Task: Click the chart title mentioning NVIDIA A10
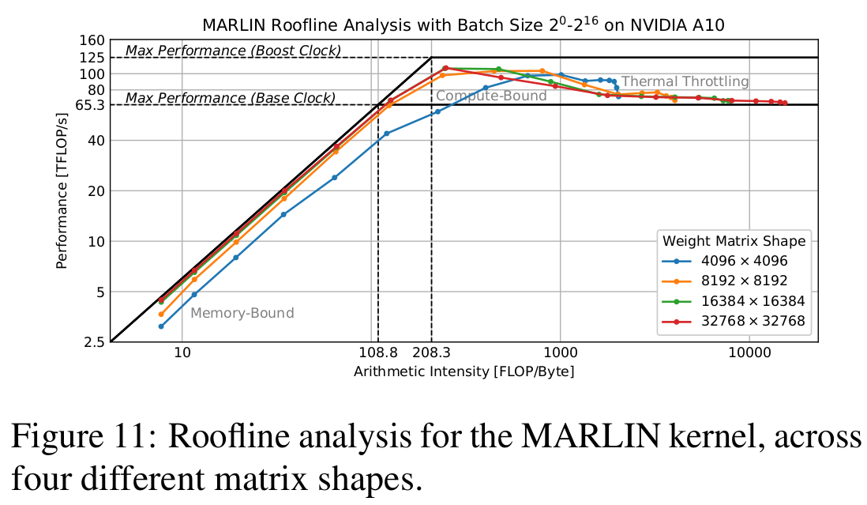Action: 464,24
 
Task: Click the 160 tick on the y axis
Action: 93,40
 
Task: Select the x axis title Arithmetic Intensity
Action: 464,371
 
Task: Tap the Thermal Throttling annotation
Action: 685,81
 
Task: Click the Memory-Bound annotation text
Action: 242,313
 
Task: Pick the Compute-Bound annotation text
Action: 491,96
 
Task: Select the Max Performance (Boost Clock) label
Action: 233,51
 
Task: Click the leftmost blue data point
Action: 161,326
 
